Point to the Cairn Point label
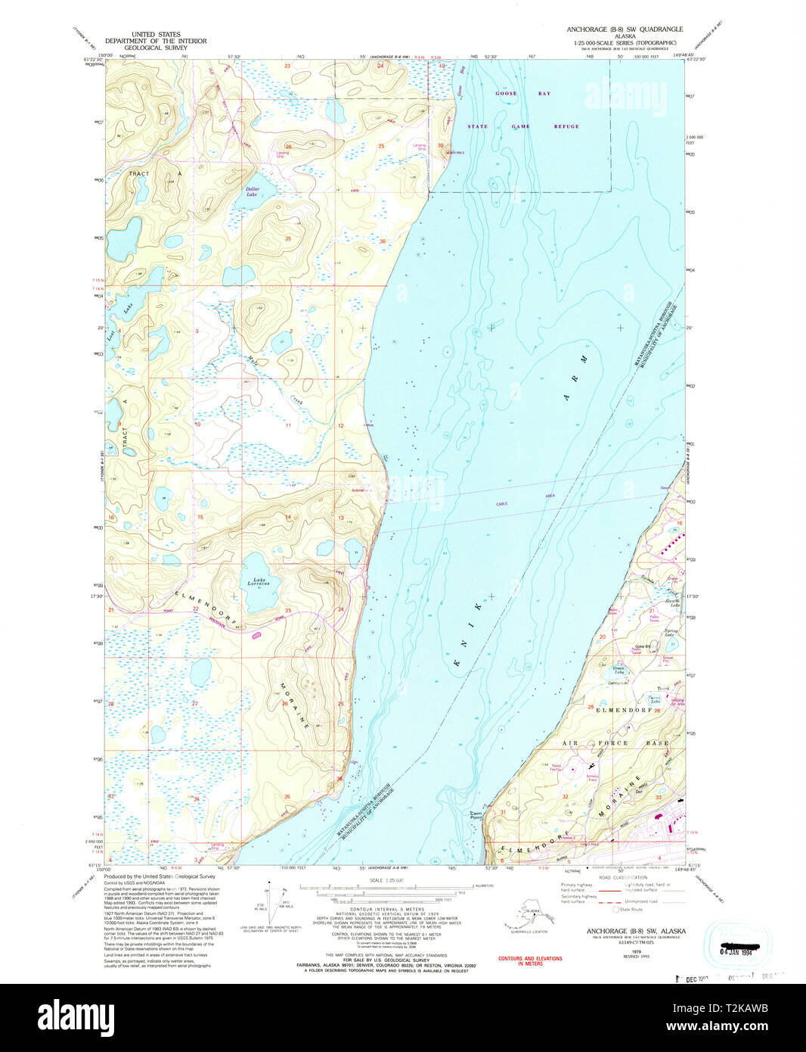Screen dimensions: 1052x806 pos(476,815)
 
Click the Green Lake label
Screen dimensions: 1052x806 pos(618,670)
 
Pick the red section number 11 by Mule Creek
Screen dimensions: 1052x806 pos(288,425)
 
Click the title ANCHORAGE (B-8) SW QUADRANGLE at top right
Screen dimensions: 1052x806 pos(625,30)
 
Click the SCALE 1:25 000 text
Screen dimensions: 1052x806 pos(386,880)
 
